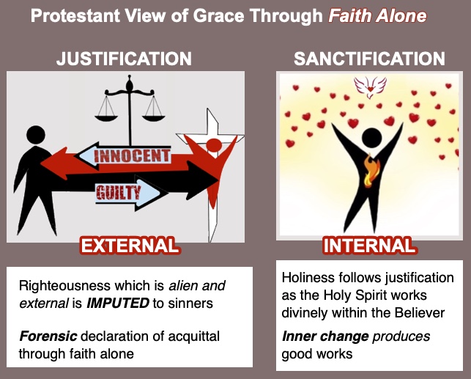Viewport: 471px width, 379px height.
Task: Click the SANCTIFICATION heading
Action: (x=369, y=59)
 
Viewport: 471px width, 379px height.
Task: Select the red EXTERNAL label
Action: (x=130, y=245)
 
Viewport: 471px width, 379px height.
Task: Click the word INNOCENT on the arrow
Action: (x=132, y=156)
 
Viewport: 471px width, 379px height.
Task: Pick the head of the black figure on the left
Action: (x=37, y=136)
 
